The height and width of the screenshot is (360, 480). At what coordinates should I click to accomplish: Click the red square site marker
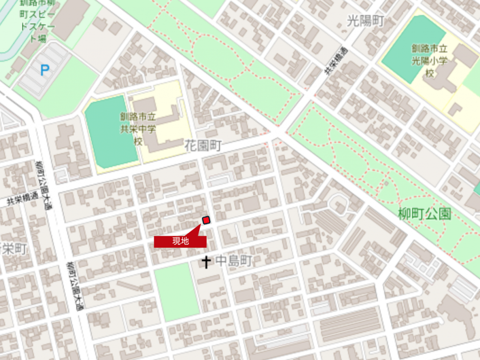coord(206,220)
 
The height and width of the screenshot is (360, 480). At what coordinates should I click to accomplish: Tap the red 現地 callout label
coord(180,241)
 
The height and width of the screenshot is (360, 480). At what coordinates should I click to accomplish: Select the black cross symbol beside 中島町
coord(206,262)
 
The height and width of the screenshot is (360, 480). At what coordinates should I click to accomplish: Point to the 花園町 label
coord(202,146)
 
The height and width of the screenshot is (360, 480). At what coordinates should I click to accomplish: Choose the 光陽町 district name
coord(366,21)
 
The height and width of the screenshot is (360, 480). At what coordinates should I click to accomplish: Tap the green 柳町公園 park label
coord(425,214)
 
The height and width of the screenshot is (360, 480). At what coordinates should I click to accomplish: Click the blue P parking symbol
coord(45,71)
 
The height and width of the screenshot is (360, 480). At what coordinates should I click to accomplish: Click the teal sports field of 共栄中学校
coord(111,131)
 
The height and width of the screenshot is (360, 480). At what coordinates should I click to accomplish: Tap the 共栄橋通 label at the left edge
coord(22,200)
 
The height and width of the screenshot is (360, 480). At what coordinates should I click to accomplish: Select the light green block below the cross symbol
coord(177,292)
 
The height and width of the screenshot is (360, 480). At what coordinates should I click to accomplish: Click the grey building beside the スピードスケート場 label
coord(70,19)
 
